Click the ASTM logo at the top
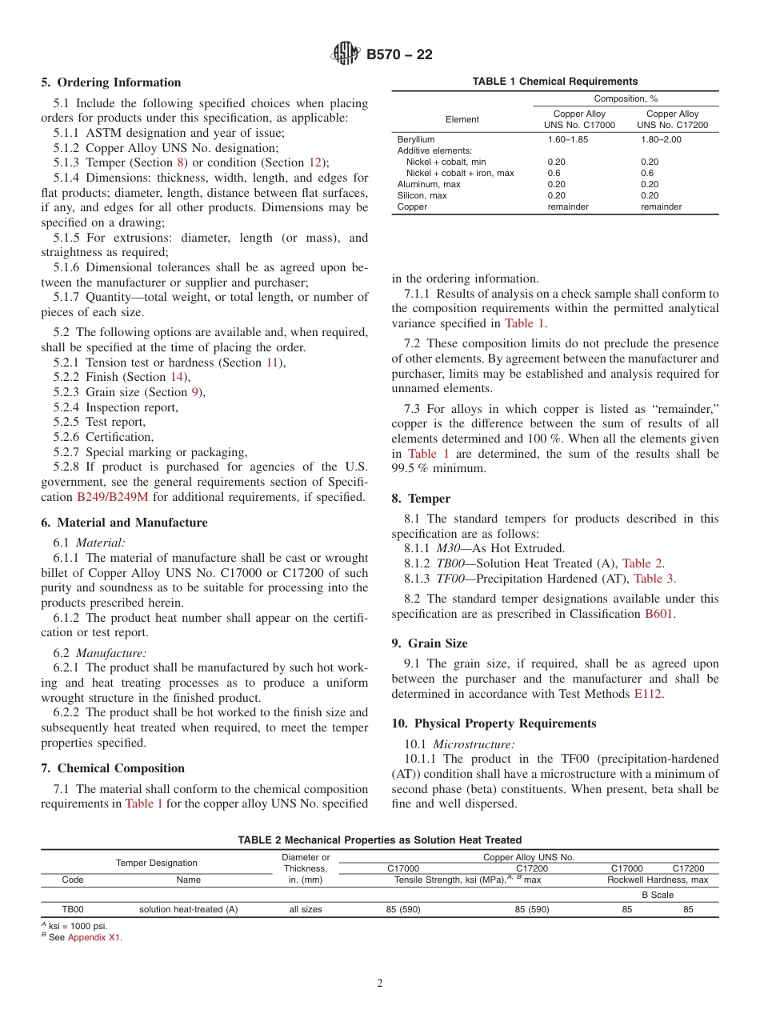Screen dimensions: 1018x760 tap(346, 54)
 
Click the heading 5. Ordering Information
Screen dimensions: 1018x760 tap(111, 82)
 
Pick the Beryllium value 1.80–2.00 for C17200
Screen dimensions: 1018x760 tap(661, 139)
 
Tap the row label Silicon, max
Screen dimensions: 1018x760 tap(422, 195)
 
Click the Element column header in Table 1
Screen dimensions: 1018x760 tap(462, 119)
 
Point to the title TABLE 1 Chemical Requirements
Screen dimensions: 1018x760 tap(554, 82)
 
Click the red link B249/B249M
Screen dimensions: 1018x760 tap(113, 497)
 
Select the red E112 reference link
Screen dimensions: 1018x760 tap(647, 694)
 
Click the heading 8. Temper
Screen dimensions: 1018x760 tap(421, 499)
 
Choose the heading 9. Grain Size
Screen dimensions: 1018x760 tap(430, 643)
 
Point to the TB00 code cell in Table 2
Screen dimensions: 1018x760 tap(73, 909)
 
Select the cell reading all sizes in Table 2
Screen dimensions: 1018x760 tap(306, 909)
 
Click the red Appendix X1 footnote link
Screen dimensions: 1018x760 tap(94, 937)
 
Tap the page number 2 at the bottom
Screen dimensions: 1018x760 tap(380, 984)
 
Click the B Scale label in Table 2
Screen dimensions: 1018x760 tap(658, 895)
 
